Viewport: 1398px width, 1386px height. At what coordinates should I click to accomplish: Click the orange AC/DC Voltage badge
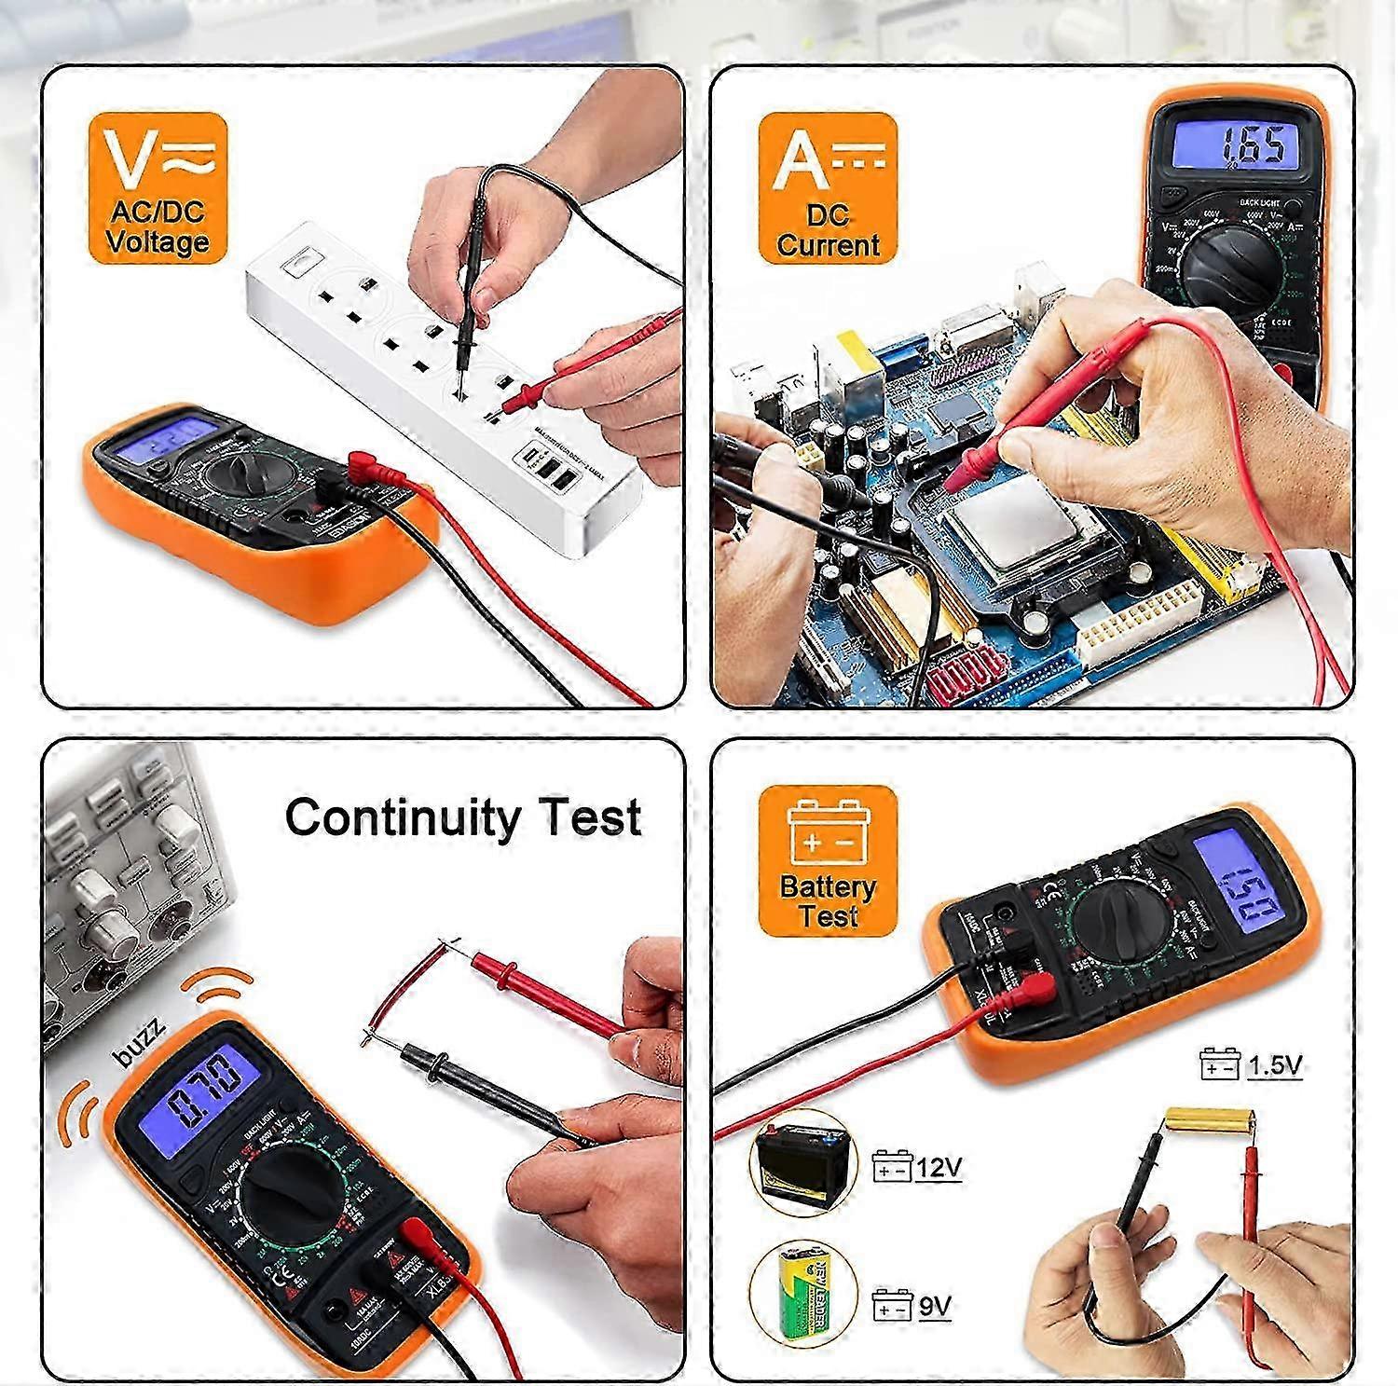pyautogui.click(x=158, y=187)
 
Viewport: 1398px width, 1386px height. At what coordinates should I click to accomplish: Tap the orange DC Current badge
pyautogui.click(x=828, y=187)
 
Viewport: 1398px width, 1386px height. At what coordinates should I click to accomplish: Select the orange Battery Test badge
pyautogui.click(x=828, y=860)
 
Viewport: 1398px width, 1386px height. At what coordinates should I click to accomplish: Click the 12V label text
pyautogui.click(x=938, y=1167)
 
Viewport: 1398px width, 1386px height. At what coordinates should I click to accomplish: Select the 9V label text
pyautogui.click(x=934, y=1306)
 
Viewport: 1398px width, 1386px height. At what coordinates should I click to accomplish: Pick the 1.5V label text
pyautogui.click(x=1273, y=1064)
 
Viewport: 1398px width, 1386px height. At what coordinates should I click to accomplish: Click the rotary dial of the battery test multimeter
pyautogui.click(x=1118, y=926)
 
